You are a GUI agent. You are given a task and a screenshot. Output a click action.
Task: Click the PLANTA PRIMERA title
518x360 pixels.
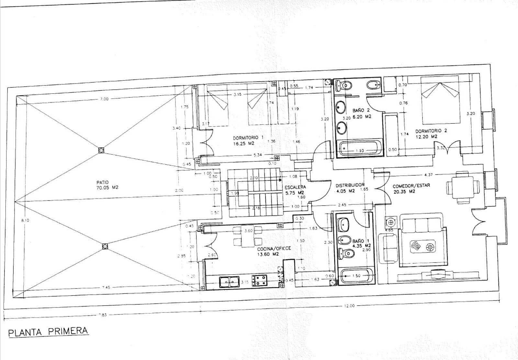point(48,332)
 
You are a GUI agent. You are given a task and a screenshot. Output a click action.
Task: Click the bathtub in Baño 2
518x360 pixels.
point(359,148)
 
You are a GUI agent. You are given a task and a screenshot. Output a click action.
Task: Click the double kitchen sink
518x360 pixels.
point(229,282)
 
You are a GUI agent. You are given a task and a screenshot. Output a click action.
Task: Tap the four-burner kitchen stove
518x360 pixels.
point(261,280)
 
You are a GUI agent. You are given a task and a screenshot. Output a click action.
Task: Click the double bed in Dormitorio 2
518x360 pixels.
point(440,100)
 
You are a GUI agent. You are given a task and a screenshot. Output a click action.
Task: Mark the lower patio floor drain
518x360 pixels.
point(105,246)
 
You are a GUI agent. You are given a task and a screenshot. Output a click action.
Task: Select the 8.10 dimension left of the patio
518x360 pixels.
point(25,220)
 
